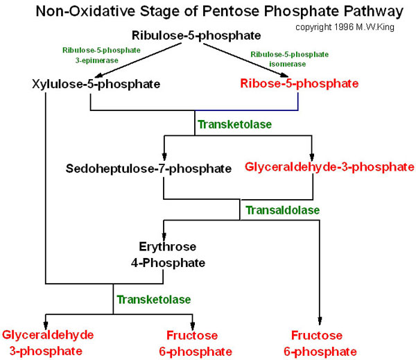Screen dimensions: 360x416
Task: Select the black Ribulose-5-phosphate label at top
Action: tap(197, 35)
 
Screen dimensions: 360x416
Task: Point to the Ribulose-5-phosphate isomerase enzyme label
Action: tap(289, 59)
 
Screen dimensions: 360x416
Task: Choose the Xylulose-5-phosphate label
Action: tap(96, 85)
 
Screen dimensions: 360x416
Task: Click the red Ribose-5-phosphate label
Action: tap(300, 84)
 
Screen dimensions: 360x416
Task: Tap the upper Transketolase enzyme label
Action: tap(235, 125)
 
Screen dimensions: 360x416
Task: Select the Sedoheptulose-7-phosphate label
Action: tap(149, 169)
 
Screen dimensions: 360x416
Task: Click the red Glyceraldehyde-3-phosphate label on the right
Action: tap(329, 167)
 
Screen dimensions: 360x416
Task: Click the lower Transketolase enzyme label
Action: tap(153, 299)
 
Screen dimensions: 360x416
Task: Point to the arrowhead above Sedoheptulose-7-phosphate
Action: tap(164, 156)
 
